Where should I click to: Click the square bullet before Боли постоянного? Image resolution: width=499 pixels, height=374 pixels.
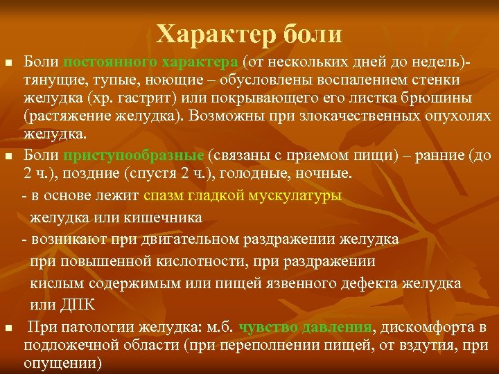[x=8, y=64]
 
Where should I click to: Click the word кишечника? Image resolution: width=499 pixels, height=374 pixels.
[x=165, y=217]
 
